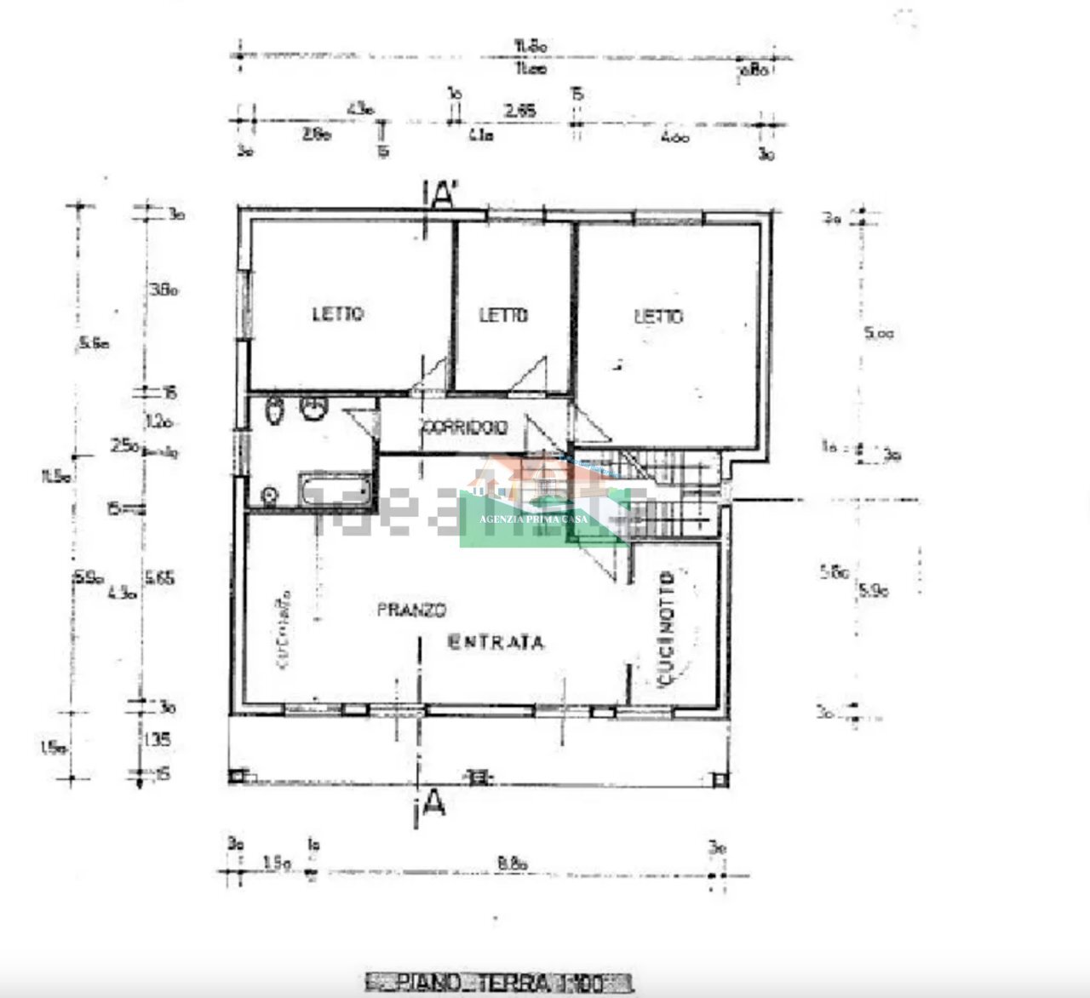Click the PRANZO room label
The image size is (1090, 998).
412,610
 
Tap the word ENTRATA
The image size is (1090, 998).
496,642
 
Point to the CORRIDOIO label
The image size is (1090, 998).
464,427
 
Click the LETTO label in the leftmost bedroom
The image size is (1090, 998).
338,314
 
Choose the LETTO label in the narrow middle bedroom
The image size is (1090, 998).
503,315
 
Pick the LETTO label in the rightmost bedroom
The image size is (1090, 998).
658,316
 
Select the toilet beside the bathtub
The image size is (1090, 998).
270,495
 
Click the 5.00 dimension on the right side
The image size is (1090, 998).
879,336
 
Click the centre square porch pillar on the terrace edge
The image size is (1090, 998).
479,777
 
